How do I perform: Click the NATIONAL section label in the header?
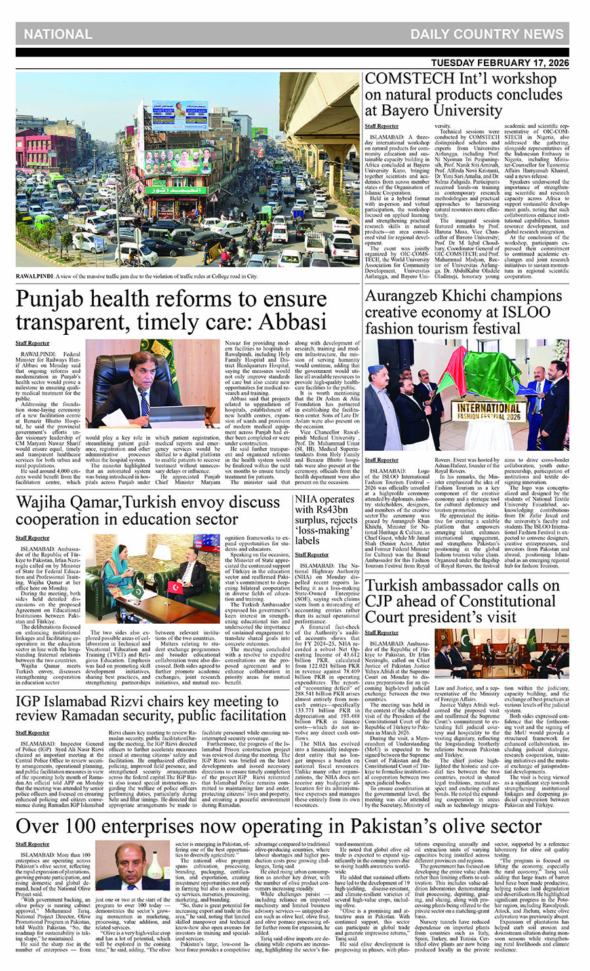click(x=58, y=34)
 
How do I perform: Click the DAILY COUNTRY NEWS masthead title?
click(x=486, y=34)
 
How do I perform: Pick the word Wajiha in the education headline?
click(x=44, y=503)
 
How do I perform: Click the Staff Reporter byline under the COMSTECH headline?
click(x=382, y=126)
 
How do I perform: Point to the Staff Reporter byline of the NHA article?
click(x=312, y=554)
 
